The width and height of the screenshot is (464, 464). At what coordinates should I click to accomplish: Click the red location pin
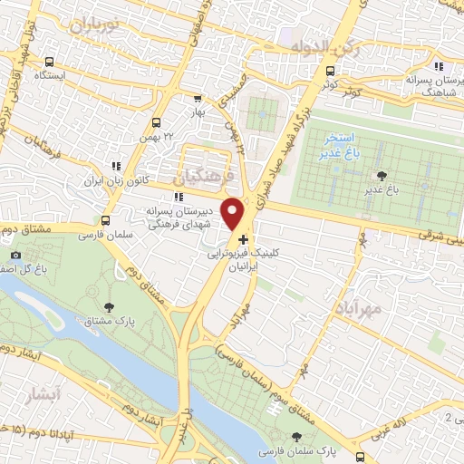pos(235,213)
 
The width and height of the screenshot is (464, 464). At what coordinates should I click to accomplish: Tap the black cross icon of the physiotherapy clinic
pos(242,238)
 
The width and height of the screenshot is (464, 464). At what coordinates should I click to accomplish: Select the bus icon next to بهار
pos(198,99)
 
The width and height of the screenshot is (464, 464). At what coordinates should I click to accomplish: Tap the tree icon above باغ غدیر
pos(381,175)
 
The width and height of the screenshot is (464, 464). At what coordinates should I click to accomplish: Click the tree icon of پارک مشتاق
pos(110,309)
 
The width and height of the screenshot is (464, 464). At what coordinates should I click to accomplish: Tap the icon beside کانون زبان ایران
pos(115,166)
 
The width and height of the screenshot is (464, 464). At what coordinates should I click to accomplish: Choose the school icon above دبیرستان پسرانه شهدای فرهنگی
pos(179,196)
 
